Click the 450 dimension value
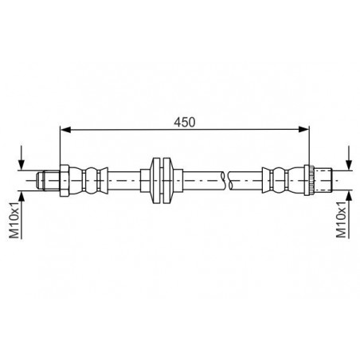point(185,122)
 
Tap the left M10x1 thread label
point(14,220)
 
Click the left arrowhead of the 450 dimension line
point(65,130)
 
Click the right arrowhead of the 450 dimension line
point(304,130)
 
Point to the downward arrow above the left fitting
point(22,158)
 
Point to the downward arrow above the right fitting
point(350,158)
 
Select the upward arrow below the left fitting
point(22,215)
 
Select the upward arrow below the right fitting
point(350,215)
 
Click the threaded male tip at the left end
point(48,181)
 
